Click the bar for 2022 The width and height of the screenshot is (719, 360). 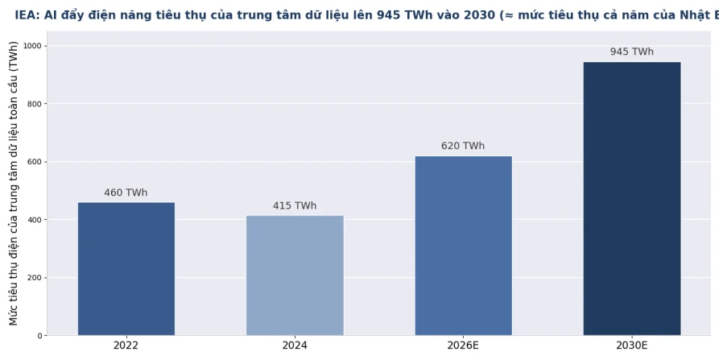coord(126,269)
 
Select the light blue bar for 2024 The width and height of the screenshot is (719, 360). coord(295,275)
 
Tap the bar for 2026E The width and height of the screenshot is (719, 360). coord(464,246)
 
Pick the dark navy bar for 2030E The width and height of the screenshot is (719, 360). coord(632,199)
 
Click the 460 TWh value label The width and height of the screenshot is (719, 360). coord(126,192)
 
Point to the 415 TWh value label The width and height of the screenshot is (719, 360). coord(295,206)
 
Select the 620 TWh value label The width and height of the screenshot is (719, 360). coord(463,146)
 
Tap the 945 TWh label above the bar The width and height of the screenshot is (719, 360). coord(632,52)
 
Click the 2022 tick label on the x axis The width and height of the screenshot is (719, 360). coord(126,346)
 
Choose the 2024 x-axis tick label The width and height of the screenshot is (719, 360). coord(295,346)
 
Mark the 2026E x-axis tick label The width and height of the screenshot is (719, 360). coord(463,346)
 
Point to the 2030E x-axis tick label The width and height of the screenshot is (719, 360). coord(632,346)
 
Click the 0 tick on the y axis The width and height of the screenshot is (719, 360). coord(39,336)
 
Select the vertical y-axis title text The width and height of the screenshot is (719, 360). coord(14,184)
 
